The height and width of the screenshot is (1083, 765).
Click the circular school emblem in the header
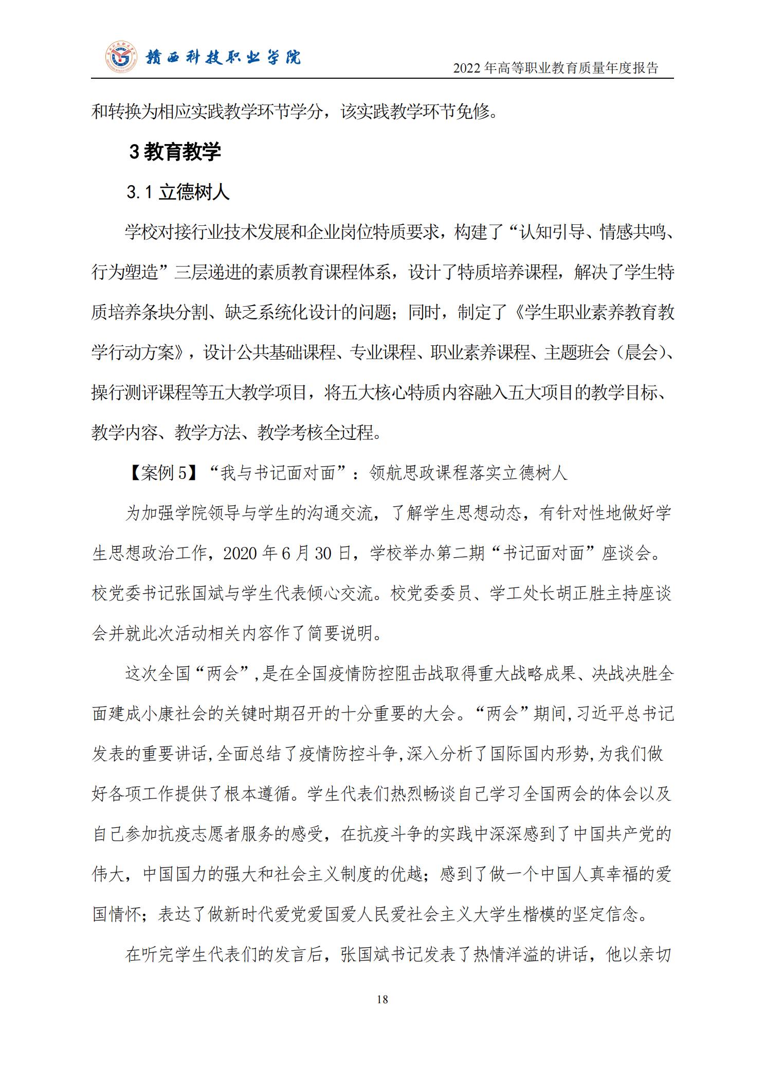coord(122,57)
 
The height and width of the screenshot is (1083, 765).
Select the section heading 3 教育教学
coord(175,152)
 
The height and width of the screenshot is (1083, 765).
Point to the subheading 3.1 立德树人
coord(178,192)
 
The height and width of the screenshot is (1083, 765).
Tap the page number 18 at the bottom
coord(382,999)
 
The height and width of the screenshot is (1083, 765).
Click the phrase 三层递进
coord(207,272)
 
